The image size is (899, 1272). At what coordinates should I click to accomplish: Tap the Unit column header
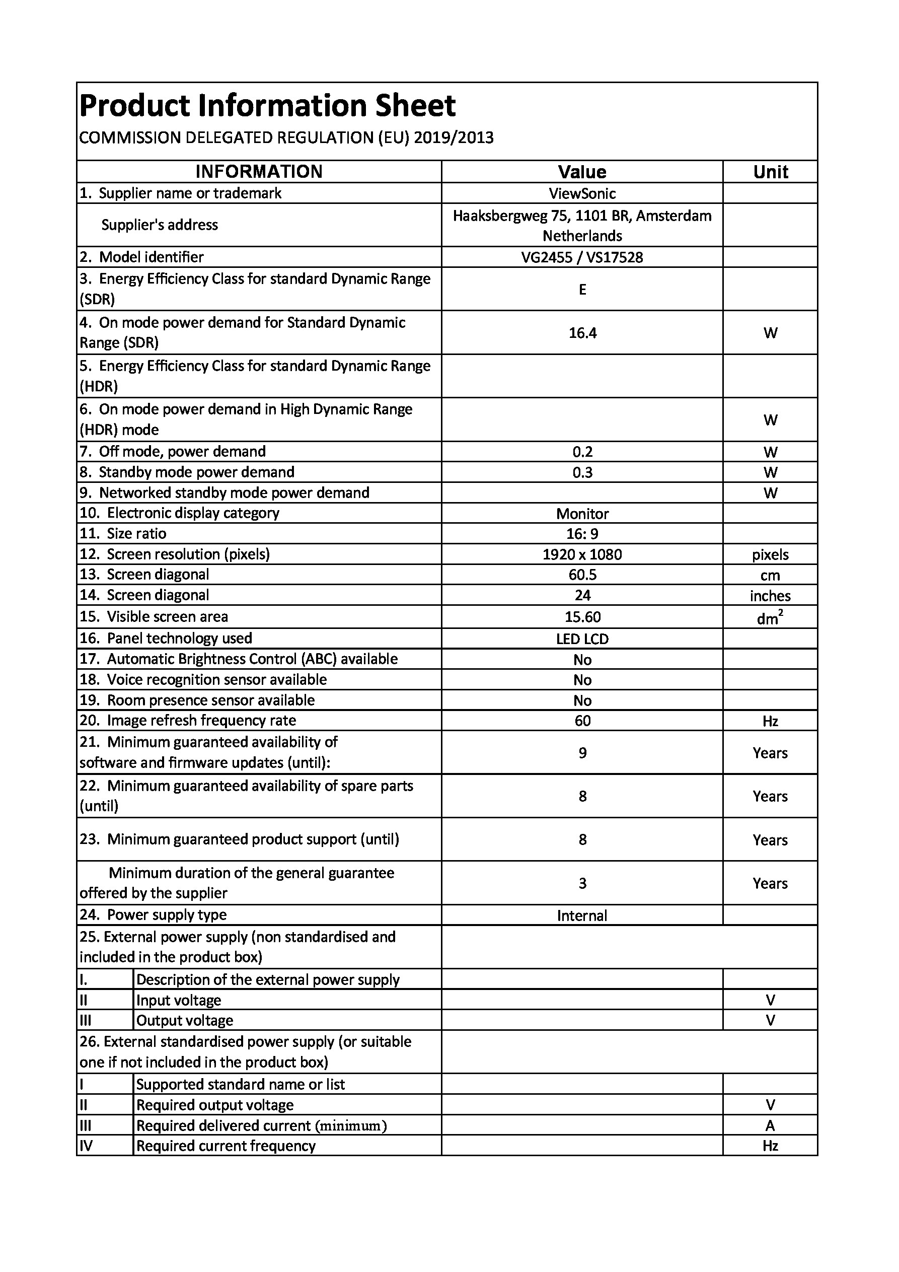click(x=770, y=172)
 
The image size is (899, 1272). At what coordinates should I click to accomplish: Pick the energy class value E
click(x=582, y=289)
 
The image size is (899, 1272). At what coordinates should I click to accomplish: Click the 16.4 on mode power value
click(x=582, y=333)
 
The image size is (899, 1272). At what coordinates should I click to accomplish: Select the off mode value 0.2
click(x=582, y=452)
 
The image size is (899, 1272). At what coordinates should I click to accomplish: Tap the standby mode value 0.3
click(x=582, y=472)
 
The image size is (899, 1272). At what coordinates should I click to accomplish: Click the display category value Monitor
click(x=582, y=514)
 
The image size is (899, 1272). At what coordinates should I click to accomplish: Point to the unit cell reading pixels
click(x=770, y=554)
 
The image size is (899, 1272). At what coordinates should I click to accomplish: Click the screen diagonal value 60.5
click(x=582, y=575)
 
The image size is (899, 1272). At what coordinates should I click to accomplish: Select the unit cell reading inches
click(x=770, y=596)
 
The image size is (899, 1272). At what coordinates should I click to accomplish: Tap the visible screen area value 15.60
click(x=582, y=616)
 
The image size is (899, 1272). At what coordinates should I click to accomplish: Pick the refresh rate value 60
click(x=582, y=721)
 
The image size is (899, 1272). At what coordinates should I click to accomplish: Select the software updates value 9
click(x=582, y=753)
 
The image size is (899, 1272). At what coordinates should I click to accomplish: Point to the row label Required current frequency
click(x=226, y=1146)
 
